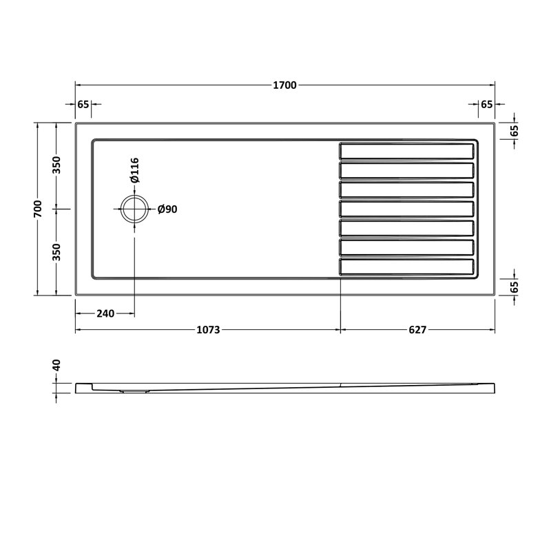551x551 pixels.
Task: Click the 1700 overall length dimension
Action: click(284, 85)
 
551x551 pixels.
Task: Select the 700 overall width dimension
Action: click(39, 209)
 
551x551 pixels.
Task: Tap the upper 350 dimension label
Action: click(57, 165)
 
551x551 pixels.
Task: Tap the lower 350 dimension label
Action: click(57, 252)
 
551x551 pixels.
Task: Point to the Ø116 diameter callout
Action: click(135, 170)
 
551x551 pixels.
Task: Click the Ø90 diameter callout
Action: click(167, 209)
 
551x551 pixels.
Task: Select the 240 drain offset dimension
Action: click(105, 313)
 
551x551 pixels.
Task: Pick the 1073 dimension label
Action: click(208, 330)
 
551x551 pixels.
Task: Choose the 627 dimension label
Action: click(418, 330)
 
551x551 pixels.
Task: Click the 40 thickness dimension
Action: click(57, 365)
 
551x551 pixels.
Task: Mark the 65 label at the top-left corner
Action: click(83, 105)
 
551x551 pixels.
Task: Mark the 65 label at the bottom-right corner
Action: click(514, 287)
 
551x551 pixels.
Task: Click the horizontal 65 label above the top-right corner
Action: click(486, 105)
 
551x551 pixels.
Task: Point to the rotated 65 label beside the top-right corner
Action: click(514, 129)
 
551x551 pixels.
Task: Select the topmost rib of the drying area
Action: click(406, 150)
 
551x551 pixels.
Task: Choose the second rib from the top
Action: click(406, 169)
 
